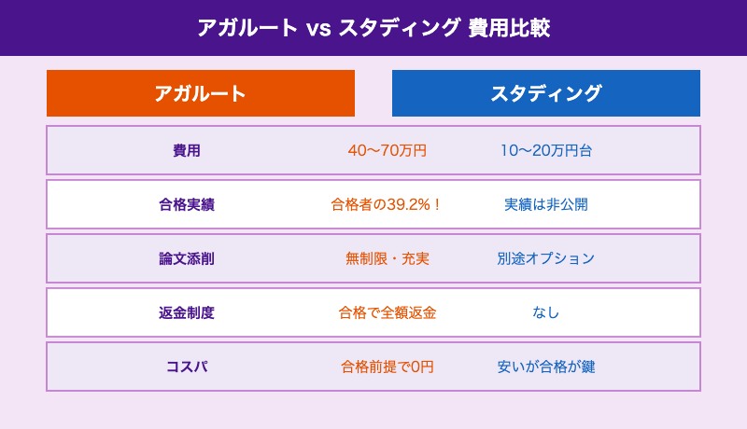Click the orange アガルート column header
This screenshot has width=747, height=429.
[x=201, y=93]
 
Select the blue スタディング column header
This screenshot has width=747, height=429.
[x=546, y=93]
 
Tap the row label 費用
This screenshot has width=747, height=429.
[x=187, y=150]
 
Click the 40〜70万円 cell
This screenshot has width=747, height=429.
[x=387, y=150]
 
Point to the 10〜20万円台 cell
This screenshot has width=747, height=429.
[x=546, y=150]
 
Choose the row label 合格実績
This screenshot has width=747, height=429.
[x=187, y=204]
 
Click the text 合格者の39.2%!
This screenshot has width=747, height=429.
[x=387, y=204]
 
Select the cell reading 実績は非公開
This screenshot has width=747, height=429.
[x=546, y=204]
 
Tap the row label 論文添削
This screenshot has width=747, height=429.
[x=187, y=258]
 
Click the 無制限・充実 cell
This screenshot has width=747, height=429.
[x=387, y=258]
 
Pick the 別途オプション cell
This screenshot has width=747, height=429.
[x=546, y=258]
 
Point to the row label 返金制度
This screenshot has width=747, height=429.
[x=187, y=312]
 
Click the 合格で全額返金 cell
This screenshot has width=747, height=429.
[x=387, y=312]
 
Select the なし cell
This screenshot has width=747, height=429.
[x=546, y=312]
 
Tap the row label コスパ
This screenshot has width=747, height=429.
[x=187, y=367]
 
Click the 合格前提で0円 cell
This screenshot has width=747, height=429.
[x=387, y=367]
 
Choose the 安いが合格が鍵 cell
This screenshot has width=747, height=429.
[x=546, y=367]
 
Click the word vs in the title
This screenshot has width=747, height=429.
[x=318, y=28]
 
